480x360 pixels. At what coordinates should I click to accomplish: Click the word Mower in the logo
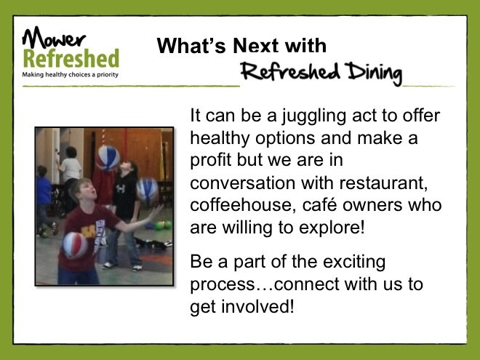pyautogui.click(x=54, y=37)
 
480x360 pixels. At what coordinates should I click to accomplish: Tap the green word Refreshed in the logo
pyautogui.click(x=71, y=58)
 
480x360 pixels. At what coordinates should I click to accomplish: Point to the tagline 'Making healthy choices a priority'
pyautogui.click(x=70, y=75)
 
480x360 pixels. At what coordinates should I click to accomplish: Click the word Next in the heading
pyautogui.click(x=256, y=46)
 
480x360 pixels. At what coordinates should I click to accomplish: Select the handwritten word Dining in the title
pyautogui.click(x=373, y=73)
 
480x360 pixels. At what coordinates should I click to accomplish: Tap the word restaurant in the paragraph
pyautogui.click(x=383, y=183)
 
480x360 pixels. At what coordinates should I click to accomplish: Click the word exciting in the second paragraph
pyautogui.click(x=354, y=263)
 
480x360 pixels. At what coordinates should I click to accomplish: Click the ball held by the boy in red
pyautogui.click(x=76, y=245)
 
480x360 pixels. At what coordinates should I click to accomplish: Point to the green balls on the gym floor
pyautogui.click(x=163, y=225)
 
